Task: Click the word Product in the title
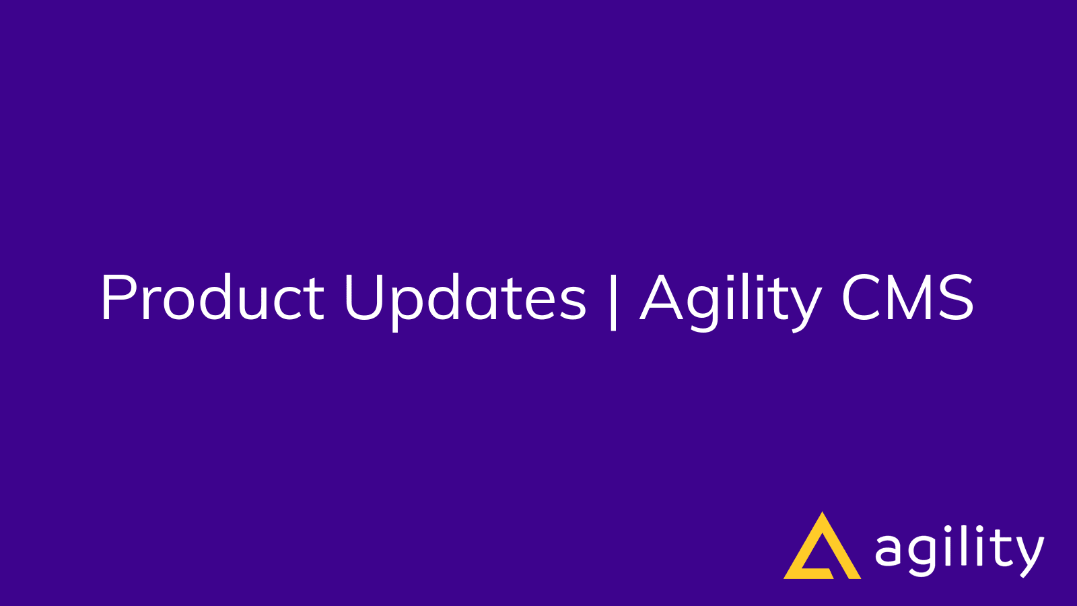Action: pos(212,298)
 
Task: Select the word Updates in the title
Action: pos(464,298)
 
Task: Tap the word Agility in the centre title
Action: pos(730,300)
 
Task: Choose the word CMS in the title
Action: pos(907,298)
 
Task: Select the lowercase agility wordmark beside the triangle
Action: pos(959,551)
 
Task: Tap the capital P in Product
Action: pos(116,298)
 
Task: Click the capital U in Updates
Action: pos(364,298)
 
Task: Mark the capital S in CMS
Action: pos(956,298)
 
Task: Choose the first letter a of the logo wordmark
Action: pos(889,551)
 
